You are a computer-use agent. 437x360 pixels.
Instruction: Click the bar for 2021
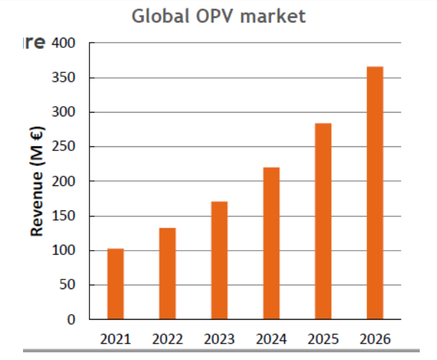116,283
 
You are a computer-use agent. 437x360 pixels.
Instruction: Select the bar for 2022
167,273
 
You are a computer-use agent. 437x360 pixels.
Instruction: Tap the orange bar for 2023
219,260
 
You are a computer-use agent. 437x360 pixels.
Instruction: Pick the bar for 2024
271,243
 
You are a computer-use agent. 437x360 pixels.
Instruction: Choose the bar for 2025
323,221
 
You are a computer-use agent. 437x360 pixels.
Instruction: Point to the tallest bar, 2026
375,192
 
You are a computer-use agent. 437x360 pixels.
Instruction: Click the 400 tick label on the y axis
64,43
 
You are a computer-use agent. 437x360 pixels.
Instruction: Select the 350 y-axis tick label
64,78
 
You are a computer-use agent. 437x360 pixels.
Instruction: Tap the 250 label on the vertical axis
64,147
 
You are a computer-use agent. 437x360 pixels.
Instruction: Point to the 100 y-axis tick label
64,251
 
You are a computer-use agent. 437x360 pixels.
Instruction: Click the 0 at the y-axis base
72,320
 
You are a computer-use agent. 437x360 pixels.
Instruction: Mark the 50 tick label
67,285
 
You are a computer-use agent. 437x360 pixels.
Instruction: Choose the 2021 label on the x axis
116,339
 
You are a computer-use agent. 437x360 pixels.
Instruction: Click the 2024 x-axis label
272,339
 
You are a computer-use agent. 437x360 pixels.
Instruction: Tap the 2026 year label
375,339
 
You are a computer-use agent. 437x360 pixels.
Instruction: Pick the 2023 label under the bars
219,339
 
